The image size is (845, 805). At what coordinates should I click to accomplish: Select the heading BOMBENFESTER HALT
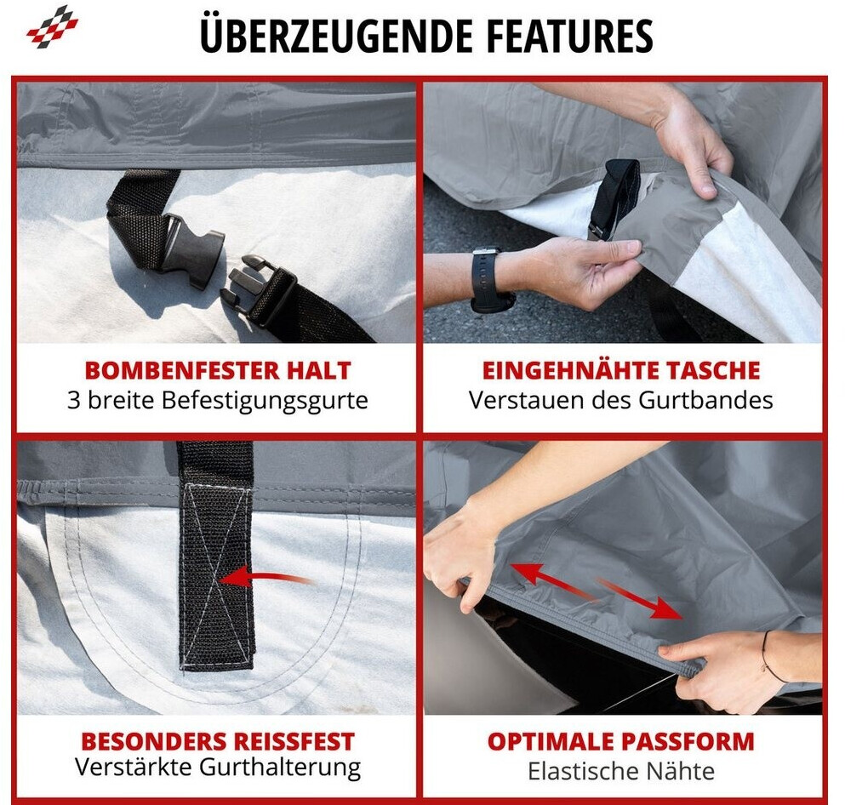point(218,370)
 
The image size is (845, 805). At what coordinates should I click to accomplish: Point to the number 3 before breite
point(73,400)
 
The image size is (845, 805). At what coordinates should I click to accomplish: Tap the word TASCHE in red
point(712,370)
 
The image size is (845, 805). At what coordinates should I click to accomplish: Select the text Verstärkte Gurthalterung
point(218,768)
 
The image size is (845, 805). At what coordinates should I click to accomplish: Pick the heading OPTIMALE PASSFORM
point(621,741)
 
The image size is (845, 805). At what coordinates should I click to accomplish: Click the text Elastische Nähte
point(621,771)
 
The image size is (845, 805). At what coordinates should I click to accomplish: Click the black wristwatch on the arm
point(488,278)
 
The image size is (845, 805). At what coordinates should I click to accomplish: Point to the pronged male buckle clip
point(258,290)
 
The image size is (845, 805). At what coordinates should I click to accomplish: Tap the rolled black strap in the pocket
point(614,198)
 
